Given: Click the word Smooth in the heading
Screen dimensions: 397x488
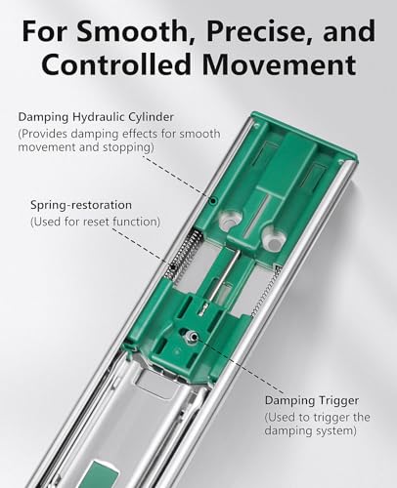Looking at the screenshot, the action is pos(131,30).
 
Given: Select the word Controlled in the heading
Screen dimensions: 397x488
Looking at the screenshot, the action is pos(115,64).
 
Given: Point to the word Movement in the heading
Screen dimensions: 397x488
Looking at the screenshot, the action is pos(279,64).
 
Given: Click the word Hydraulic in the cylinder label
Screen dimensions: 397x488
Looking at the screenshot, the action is pos(99,117).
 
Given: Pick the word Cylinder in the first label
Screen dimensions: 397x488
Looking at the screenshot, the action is pos(151,117).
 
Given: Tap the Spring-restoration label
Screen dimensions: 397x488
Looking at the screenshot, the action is pos(81,205).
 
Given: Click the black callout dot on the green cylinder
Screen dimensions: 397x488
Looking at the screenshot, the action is pos(213,201).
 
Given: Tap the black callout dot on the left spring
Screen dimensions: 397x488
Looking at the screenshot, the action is pos(172,267).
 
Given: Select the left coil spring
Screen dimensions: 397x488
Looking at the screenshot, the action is pos(184,255).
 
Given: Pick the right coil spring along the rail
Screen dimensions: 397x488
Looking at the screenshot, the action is pos(267,291).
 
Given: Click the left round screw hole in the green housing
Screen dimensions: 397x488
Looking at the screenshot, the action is pos(231,221).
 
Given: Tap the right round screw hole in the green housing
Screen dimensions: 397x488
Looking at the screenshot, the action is pos(274,240).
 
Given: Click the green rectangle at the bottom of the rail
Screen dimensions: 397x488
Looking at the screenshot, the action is pos(101,474).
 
